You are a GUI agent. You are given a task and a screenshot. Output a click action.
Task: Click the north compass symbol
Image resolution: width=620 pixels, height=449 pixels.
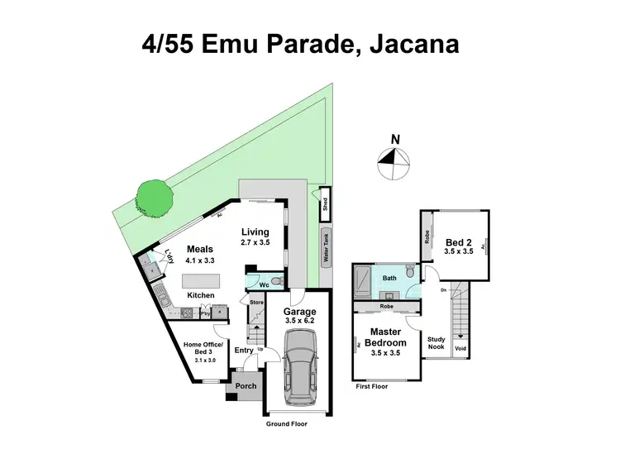pos(394,163)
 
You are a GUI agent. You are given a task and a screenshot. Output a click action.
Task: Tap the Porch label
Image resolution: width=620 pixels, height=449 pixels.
pos(246,386)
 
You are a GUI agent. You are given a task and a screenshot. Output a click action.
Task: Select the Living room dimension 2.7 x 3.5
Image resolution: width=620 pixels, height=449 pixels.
pos(256,243)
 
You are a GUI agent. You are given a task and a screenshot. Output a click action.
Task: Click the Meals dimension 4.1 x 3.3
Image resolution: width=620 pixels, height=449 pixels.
pos(201,260)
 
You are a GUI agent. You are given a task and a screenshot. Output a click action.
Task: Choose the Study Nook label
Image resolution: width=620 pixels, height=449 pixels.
pos(436,343)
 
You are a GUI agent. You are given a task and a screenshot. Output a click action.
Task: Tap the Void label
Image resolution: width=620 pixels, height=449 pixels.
pos(461,348)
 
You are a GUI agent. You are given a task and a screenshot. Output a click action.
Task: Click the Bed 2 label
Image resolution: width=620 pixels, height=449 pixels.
pos(458,241)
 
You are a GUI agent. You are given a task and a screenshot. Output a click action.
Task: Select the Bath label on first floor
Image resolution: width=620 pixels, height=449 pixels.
pos(389,279)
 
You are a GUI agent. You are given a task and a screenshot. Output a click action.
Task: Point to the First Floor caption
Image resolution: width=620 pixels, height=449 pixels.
pos(371,385)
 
